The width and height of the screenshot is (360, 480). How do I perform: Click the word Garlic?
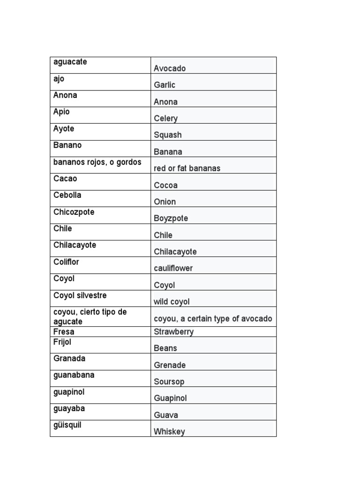pos(165,85)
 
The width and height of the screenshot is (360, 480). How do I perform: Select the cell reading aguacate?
pos(70,62)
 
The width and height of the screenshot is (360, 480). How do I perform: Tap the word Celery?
pos(166,118)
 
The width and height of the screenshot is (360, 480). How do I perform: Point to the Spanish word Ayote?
pos(64,128)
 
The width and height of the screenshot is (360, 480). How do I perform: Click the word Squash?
pos(168,135)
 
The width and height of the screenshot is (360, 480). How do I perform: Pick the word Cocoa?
pos(166,185)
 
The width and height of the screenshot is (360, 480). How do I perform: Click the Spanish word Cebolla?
pos(67,195)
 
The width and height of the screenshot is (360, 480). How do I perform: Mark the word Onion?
pos(165,202)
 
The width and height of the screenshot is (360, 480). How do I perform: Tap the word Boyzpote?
pos(171,218)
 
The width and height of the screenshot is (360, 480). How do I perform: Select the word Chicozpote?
pos(74,212)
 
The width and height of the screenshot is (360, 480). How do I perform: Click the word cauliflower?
pos(173,268)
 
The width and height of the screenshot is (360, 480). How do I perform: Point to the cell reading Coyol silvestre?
pos(80,295)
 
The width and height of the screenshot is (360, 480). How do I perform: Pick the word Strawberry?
pos(174,332)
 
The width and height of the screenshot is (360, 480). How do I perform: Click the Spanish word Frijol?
pos(62,342)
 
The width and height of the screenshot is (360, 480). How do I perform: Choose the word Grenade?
pos(170,365)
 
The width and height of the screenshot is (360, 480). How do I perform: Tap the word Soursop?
pos(169,382)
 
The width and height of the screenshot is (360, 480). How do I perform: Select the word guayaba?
pos(69,408)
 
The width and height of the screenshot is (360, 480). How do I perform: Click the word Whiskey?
pos(169,432)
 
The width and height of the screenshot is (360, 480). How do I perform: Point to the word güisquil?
pos(67,425)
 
